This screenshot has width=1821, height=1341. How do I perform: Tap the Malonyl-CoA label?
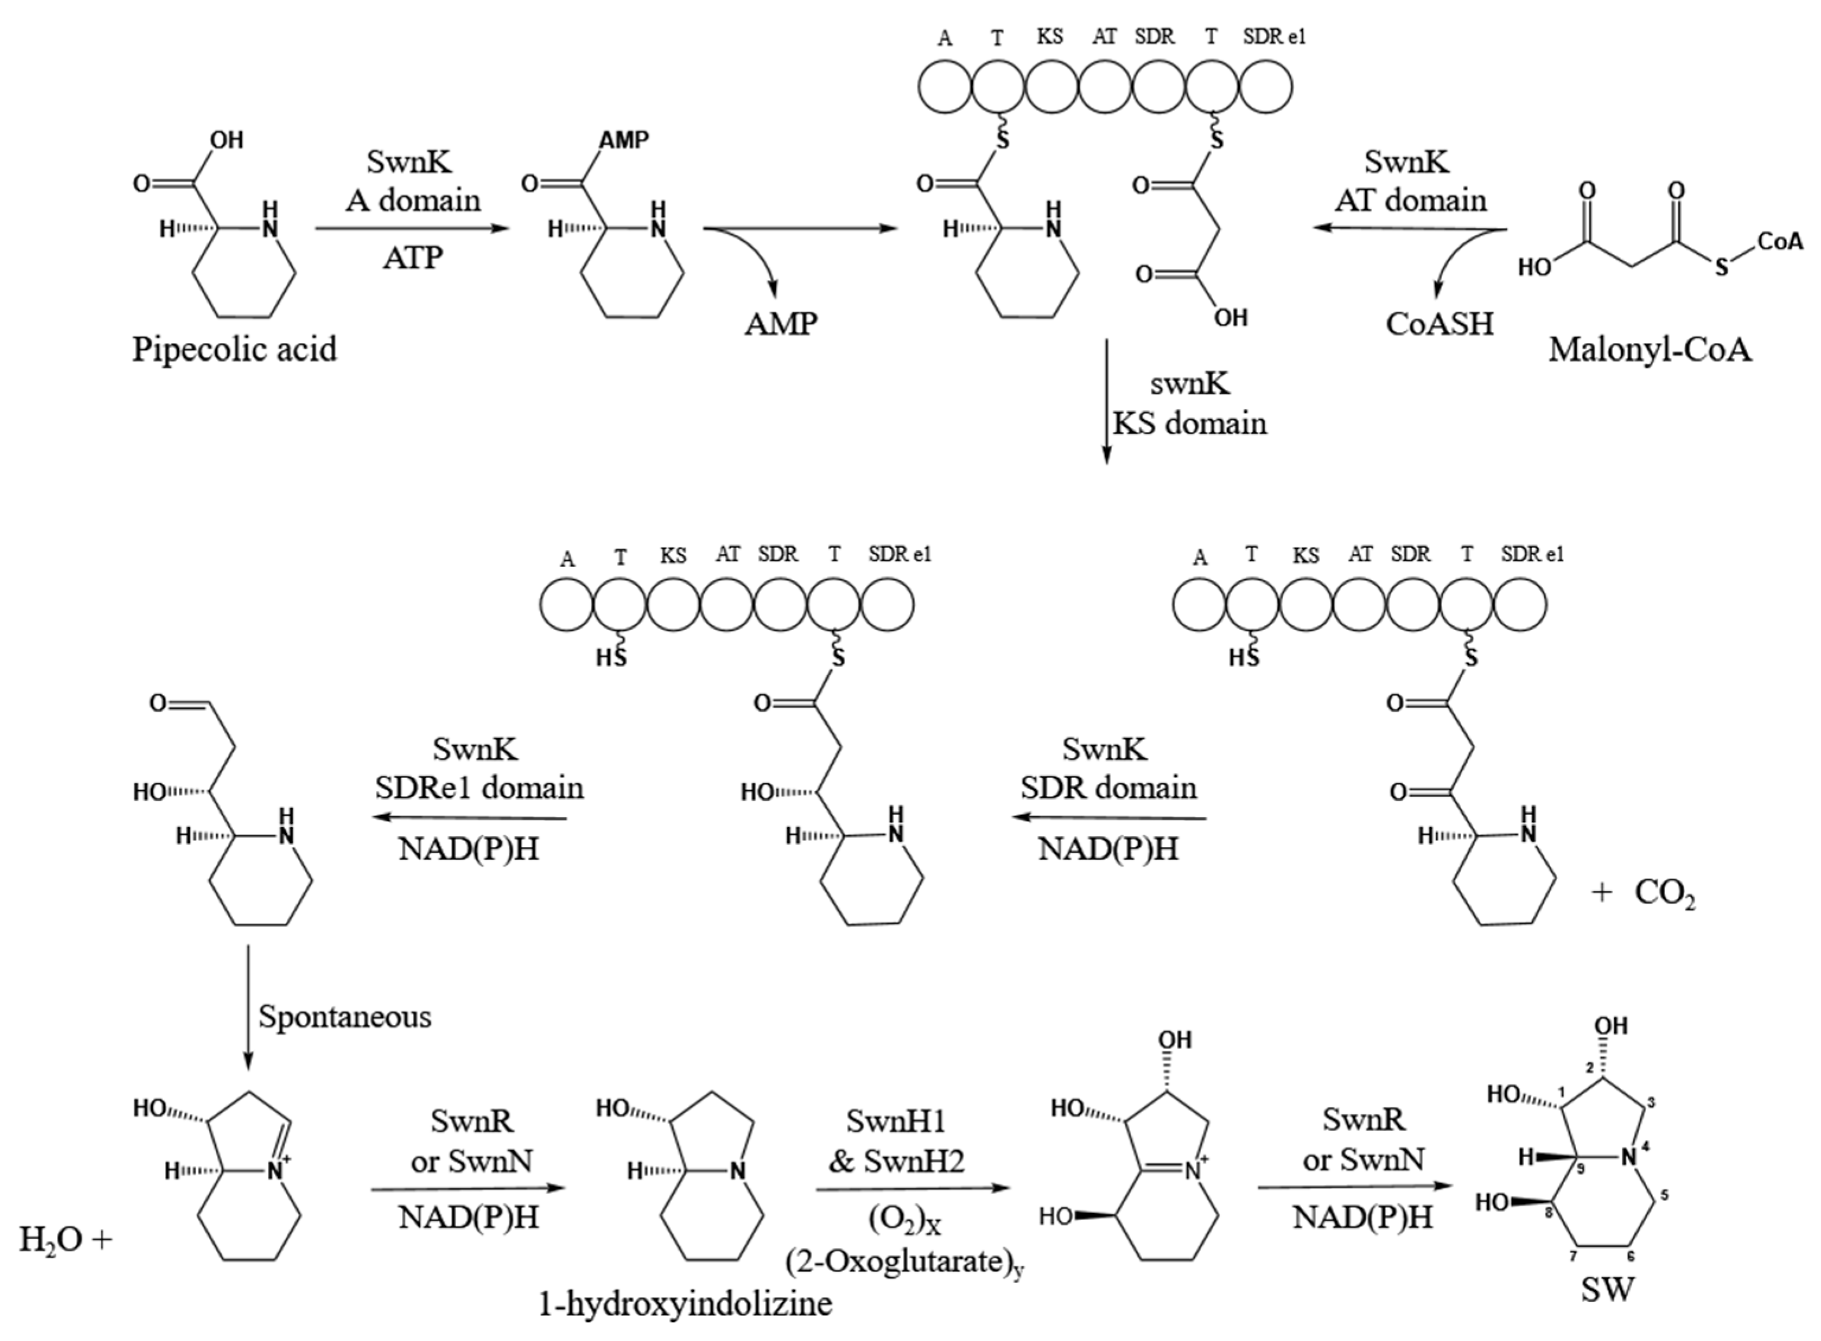[x=1650, y=350]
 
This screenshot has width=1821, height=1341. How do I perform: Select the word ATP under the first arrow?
[x=413, y=258]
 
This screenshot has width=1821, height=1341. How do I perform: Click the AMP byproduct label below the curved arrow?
[x=781, y=324]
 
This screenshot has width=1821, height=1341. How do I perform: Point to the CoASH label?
[x=1440, y=324]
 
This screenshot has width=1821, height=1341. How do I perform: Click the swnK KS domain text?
[x=1189, y=403]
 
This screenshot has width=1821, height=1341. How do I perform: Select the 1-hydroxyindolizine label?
[x=686, y=1304]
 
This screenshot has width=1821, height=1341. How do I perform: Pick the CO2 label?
[x=1664, y=894]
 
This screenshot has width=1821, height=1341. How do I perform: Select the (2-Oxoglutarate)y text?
[x=905, y=1262]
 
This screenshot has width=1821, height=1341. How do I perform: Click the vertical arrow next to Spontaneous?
[x=249, y=1006]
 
